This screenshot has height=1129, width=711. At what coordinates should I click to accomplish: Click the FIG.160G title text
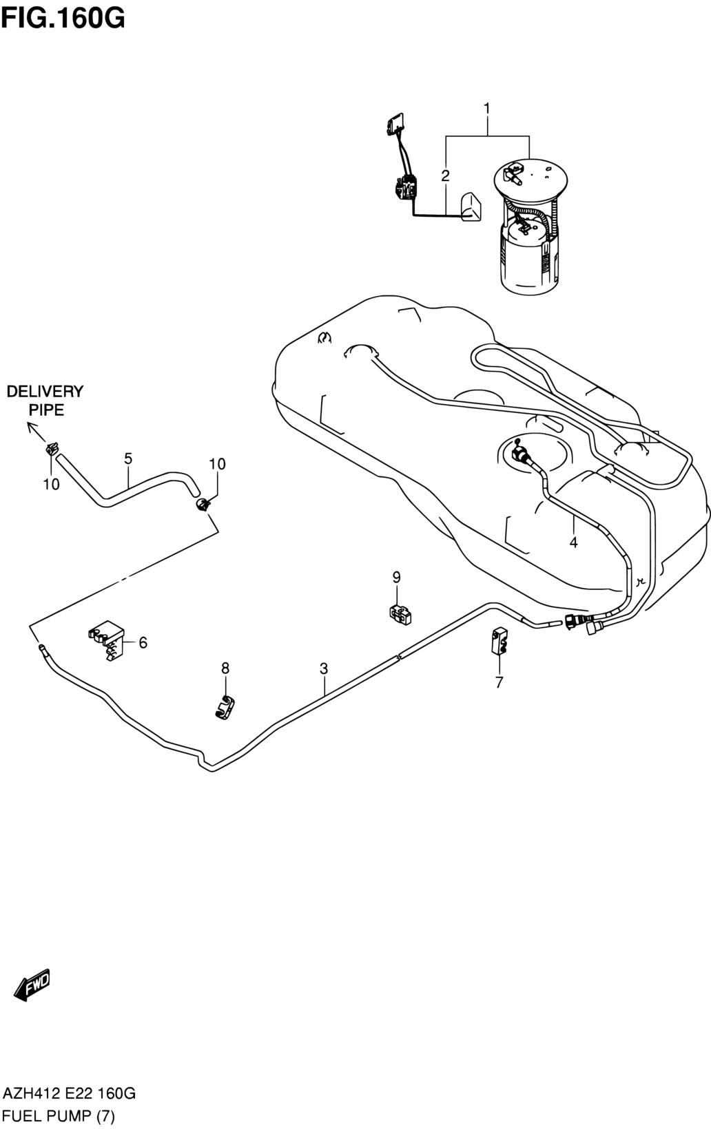point(63,19)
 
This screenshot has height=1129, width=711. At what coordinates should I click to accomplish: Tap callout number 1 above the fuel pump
point(486,108)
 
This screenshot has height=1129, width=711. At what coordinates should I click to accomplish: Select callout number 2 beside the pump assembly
point(445,176)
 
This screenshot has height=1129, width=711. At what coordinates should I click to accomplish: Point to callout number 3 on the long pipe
point(324,668)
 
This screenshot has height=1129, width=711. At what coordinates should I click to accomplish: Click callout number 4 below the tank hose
point(573,542)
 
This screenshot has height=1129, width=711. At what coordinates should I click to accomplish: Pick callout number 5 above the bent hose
point(128,458)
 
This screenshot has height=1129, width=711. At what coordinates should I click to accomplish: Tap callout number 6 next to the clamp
point(143,642)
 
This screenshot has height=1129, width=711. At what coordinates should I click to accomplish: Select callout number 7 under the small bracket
point(499,682)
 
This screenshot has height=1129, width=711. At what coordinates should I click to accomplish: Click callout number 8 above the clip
point(225,668)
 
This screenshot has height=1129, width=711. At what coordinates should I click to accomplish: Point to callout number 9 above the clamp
point(396,578)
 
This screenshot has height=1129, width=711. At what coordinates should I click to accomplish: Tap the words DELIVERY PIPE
point(45,401)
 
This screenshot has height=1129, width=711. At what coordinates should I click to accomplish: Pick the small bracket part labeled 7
point(499,642)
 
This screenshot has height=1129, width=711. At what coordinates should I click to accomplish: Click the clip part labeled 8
point(225,706)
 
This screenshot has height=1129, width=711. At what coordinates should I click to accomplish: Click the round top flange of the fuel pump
point(530,178)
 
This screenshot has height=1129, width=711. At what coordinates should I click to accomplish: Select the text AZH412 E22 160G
point(69,1093)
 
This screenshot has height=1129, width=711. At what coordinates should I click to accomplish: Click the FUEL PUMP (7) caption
point(59,1116)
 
